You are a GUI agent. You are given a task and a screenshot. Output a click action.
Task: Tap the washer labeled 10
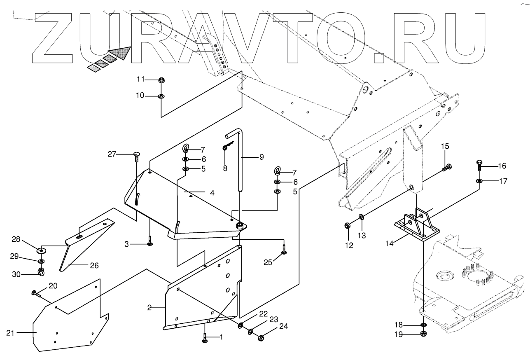[x=161, y=96]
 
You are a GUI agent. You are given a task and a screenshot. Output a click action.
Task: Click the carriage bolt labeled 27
[x=136, y=156]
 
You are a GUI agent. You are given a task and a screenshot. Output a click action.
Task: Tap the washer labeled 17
[x=479, y=181]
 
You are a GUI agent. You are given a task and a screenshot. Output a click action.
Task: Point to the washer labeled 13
[x=361, y=217]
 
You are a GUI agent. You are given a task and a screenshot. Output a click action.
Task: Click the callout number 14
[x=390, y=243]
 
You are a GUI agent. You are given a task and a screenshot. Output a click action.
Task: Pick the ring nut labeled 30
[x=41, y=272]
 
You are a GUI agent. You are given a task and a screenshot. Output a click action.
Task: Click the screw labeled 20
[x=35, y=293]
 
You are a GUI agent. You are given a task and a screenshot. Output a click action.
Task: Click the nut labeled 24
[x=260, y=339]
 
